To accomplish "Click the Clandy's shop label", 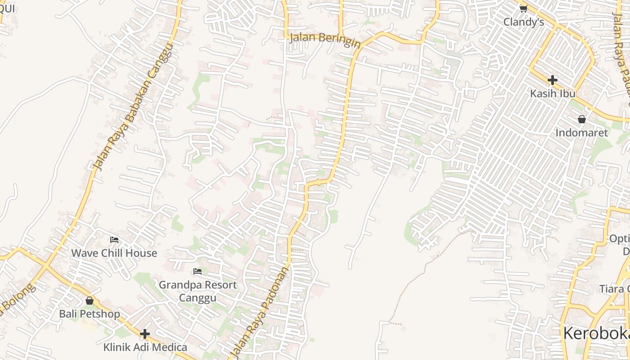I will (x=523, y=22).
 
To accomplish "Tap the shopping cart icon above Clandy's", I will (x=523, y=9).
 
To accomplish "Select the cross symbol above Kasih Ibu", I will (x=553, y=80).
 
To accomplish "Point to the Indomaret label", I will (x=581, y=133).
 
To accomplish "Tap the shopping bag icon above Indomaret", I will (x=582, y=119).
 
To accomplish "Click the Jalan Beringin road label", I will (x=325, y=39).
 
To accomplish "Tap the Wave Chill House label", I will (x=114, y=253).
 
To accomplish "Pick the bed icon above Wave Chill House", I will (x=114, y=240).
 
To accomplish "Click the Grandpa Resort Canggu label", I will (x=198, y=291).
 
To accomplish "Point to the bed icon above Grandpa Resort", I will (x=197, y=271).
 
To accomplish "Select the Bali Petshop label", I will (x=90, y=314).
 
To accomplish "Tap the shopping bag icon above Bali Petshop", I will (x=90, y=301).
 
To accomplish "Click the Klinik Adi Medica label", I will (x=145, y=347).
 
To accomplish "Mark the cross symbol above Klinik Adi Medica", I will (x=145, y=334).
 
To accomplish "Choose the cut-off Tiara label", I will (x=614, y=288).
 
